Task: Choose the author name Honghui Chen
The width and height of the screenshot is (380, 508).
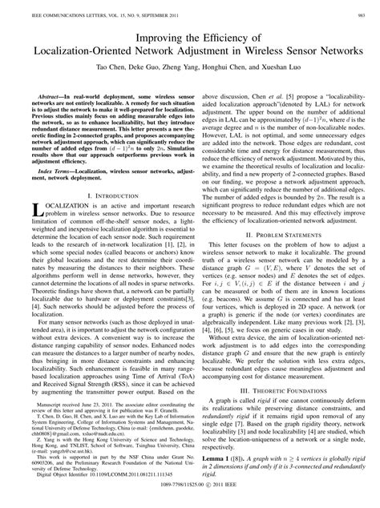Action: point(232,70)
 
